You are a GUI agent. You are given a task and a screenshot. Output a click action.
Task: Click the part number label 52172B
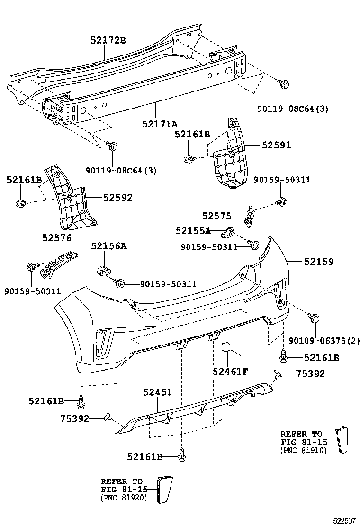(108, 40)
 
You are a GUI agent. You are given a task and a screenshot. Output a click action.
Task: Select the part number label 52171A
(160, 124)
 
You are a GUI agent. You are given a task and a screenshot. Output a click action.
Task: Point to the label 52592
(115, 198)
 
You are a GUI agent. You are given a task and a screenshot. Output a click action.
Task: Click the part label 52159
(318, 261)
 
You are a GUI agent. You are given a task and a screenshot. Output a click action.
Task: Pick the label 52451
(157, 392)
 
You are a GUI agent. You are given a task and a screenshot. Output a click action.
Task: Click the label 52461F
(230, 372)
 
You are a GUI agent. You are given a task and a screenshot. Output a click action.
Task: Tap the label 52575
(216, 216)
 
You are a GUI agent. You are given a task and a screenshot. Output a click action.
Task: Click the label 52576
(56, 238)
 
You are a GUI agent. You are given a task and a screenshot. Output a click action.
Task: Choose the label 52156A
(109, 246)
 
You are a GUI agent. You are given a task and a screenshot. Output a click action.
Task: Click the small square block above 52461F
(225, 348)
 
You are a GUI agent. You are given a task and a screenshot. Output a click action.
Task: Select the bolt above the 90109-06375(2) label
(313, 318)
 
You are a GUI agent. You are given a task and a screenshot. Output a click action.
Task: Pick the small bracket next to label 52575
(249, 215)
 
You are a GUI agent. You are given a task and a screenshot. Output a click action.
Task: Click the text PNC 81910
(304, 450)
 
